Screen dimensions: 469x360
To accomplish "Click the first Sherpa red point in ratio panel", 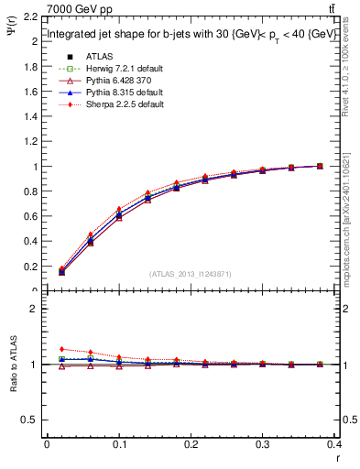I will (61, 349).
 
